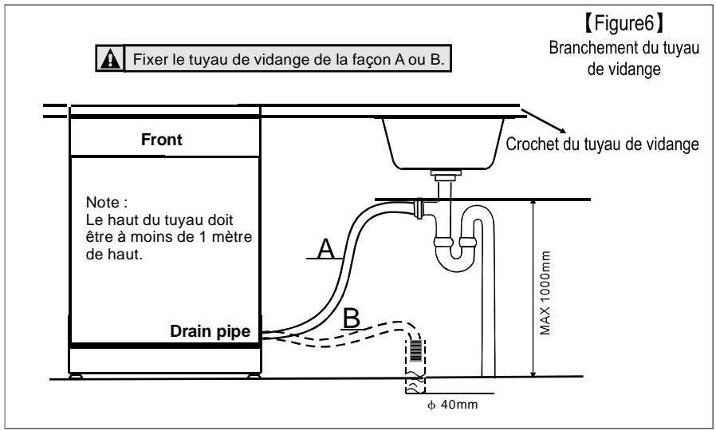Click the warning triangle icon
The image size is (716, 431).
[x=110, y=58]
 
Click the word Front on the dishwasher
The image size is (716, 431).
[x=162, y=140]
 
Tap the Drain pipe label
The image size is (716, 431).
[x=210, y=331]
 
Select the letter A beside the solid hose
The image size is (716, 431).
[x=326, y=249]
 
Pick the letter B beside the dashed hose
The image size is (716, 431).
[x=352, y=318]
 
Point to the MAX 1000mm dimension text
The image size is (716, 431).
[x=545, y=292]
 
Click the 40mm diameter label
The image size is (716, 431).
[x=453, y=405]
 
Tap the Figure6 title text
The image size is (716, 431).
[x=624, y=23]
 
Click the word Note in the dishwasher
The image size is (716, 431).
[x=103, y=202]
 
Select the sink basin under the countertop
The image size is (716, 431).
[x=443, y=144]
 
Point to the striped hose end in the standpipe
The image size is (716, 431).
[x=415, y=350]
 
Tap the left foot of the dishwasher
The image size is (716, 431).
[x=76, y=376]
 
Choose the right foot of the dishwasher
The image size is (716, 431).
[x=254, y=376]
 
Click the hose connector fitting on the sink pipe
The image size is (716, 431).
[x=419, y=208]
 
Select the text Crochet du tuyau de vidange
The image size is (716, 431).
[x=602, y=144]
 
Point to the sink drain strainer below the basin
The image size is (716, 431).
[x=446, y=174]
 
